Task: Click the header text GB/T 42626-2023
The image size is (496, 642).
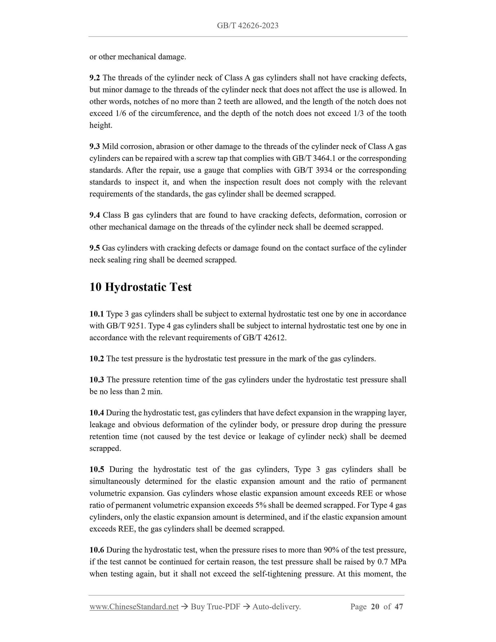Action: click(x=248, y=26)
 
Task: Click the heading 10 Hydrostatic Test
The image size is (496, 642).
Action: click(x=140, y=287)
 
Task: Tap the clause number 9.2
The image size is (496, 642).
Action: click(x=95, y=78)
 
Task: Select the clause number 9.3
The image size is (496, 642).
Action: click(x=95, y=146)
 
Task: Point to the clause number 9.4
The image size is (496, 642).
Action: click(x=95, y=215)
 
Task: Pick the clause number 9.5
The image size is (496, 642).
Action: click(x=95, y=248)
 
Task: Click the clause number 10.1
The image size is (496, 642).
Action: click(x=97, y=314)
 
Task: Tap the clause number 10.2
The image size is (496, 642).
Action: click(x=97, y=359)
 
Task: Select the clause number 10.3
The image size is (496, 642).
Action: click(x=97, y=380)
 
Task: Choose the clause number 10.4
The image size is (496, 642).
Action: click(x=97, y=413)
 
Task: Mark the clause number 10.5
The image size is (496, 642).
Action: click(x=97, y=469)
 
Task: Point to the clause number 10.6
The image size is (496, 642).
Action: click(x=97, y=550)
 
